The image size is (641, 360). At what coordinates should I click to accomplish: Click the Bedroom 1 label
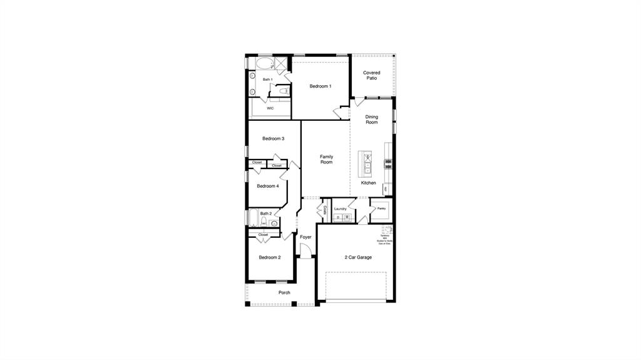click(320, 86)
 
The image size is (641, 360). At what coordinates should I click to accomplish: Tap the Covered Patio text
click(372, 75)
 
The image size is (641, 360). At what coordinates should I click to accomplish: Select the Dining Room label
click(372, 120)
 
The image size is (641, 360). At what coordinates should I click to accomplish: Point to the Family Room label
click(326, 160)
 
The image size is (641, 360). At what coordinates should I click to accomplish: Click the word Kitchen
click(369, 183)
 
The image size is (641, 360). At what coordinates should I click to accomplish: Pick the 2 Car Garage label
click(358, 257)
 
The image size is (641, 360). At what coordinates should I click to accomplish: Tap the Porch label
click(284, 292)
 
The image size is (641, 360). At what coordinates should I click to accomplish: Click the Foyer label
click(305, 237)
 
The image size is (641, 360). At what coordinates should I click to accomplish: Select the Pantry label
click(381, 208)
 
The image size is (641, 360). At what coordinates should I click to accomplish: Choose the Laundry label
click(341, 208)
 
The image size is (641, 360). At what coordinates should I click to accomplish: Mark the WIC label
click(270, 108)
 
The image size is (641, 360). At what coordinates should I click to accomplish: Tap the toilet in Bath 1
click(284, 91)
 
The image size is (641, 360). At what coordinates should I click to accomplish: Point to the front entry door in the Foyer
click(305, 251)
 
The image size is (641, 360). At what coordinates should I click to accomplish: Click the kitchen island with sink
click(366, 163)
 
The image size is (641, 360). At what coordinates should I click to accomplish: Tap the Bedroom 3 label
click(274, 138)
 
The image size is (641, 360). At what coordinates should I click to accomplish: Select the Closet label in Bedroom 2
click(263, 235)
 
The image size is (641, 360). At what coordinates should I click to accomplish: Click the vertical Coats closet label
click(325, 209)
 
